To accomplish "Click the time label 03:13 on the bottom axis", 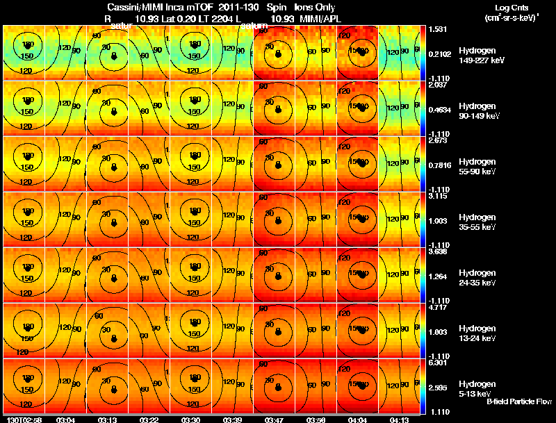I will (x=108, y=420).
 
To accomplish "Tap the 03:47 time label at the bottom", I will (x=274, y=420).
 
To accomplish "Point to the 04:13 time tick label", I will (x=399, y=420).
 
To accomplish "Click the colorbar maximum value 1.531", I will (x=436, y=28).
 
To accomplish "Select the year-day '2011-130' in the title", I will (x=225, y=7).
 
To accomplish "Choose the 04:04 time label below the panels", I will (x=357, y=420).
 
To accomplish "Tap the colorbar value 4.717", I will (x=436, y=306).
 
